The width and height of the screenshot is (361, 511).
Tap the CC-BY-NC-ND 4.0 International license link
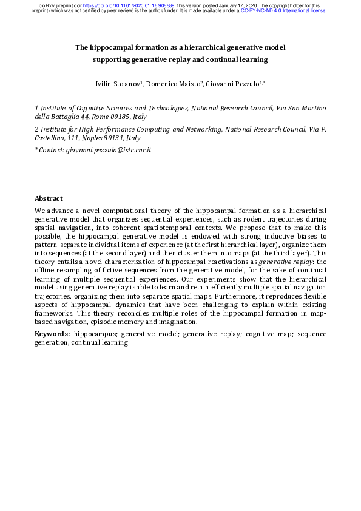284,11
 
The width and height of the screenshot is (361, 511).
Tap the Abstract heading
49,198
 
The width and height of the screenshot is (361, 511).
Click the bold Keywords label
52,334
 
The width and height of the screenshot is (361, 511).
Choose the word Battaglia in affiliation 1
60,116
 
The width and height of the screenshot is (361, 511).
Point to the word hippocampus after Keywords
95,334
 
